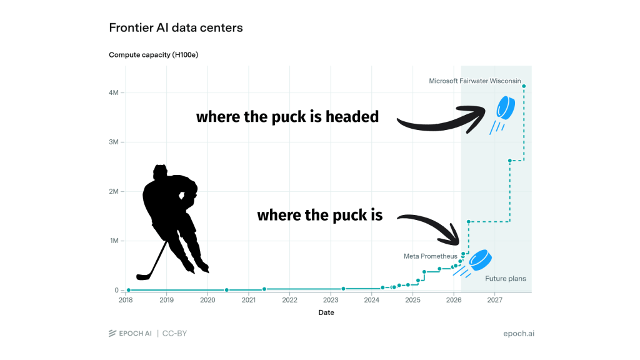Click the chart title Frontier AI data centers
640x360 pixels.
pos(176,27)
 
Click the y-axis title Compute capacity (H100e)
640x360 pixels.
pos(154,55)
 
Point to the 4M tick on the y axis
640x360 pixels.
pos(122,92)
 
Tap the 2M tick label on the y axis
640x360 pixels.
pos(114,191)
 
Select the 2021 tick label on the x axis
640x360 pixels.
pos(249,300)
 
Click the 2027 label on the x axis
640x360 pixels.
pos(495,300)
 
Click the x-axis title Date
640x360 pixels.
pos(326,312)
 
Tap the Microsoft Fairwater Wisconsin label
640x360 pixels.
pos(475,81)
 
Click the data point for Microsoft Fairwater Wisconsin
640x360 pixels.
pos(524,86)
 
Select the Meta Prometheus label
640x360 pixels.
pos(430,256)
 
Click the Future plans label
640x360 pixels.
pos(505,279)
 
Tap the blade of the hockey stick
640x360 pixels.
pos(143,277)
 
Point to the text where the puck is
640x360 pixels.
pos(320,215)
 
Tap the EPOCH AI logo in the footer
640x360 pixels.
pos(130,334)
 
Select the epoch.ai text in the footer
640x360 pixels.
pos(518,334)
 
